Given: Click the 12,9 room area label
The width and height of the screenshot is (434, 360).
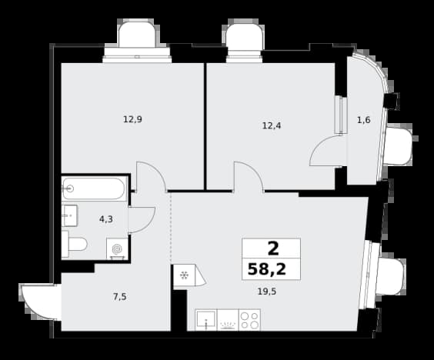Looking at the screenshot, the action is pos(132,119).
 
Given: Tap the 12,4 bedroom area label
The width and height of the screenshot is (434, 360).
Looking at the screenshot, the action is pos(272,126).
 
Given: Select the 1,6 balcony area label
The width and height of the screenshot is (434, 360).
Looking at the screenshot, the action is pos(364,120).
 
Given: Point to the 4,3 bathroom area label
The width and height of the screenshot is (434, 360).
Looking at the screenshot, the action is pos(106,219).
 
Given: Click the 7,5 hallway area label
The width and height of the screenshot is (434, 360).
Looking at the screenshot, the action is pos(120,297).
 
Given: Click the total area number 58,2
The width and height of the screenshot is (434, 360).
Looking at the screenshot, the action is pos(267,269).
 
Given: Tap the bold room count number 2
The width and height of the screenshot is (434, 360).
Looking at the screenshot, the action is pos(273,248).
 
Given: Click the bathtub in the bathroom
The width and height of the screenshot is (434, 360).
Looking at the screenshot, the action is pos(94,189).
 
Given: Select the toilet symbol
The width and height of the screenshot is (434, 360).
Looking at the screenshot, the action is pos(74,245).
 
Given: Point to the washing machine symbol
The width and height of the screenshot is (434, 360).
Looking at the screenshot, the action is pos(118,249).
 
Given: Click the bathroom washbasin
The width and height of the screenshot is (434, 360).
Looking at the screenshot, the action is pos(69,215).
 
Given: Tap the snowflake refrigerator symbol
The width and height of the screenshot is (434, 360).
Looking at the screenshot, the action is pos(185,275).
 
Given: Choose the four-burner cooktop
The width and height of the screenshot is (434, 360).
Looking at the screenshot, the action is pos(249,320).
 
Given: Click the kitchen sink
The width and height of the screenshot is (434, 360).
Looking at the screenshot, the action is pos(206,320).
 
